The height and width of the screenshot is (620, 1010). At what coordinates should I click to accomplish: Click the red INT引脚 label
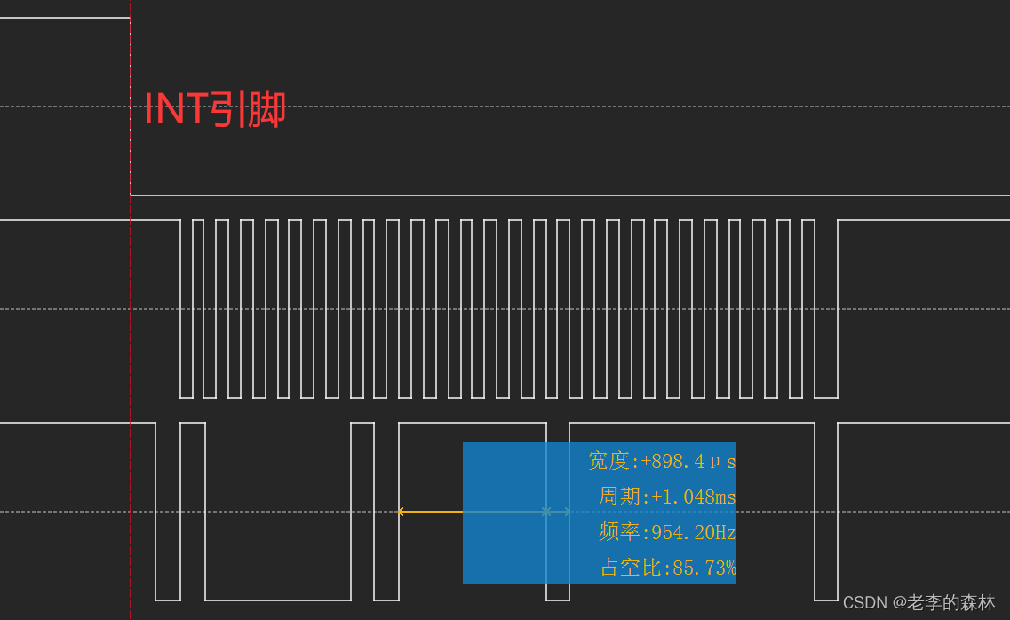(x=215, y=109)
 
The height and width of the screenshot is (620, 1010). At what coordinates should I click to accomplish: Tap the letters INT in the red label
(x=176, y=109)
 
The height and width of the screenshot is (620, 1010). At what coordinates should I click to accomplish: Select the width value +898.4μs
(x=688, y=462)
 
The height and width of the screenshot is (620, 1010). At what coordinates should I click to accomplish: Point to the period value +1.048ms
(x=694, y=497)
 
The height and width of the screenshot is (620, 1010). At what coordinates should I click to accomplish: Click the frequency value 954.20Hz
(x=694, y=533)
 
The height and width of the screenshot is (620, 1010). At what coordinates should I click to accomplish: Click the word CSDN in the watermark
(x=864, y=603)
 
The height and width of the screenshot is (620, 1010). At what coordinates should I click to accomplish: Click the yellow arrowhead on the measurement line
(x=401, y=512)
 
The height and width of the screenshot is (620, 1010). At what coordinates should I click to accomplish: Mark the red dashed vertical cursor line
(x=131, y=355)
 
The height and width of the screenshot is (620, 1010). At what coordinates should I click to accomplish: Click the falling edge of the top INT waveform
(x=131, y=107)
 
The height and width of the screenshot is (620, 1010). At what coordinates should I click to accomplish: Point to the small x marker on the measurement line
(x=546, y=512)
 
